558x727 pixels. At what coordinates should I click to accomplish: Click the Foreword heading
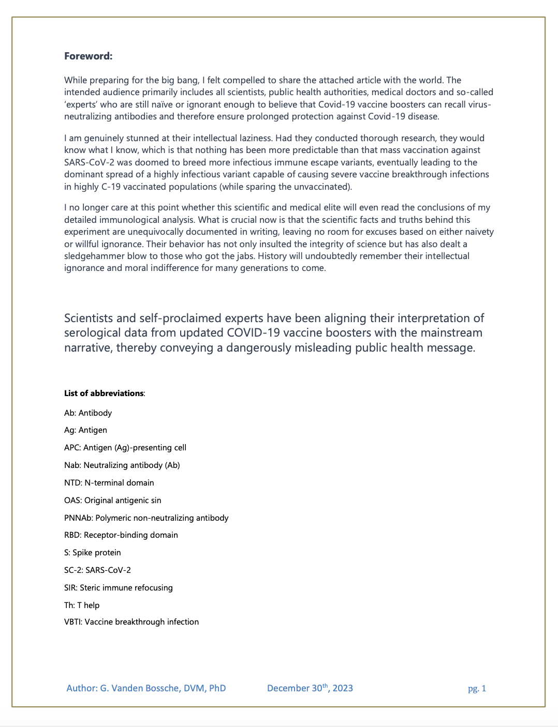click(88, 56)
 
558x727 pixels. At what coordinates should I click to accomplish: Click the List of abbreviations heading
click(104, 393)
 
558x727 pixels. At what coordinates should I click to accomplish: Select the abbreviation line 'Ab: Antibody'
click(88, 413)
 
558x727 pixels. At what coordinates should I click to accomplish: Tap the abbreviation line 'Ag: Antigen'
click(85, 430)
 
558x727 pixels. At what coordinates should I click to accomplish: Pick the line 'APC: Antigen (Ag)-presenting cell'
click(125, 448)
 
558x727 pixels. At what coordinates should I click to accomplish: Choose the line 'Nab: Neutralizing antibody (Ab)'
click(122, 465)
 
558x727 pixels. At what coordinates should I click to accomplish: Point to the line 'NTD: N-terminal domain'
click(109, 483)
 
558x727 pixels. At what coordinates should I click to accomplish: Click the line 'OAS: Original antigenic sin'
click(113, 501)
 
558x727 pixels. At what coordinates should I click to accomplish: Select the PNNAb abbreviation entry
click(146, 518)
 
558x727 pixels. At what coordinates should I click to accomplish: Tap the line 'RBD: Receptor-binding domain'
click(121, 535)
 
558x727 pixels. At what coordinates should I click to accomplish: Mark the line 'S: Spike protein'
click(93, 553)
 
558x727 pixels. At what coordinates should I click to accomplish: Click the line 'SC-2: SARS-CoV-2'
click(97, 570)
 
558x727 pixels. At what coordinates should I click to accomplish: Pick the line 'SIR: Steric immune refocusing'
click(119, 588)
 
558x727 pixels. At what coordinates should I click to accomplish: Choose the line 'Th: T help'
click(82, 605)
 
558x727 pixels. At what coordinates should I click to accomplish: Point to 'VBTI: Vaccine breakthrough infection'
click(131, 622)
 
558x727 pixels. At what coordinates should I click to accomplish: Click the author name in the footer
click(146, 688)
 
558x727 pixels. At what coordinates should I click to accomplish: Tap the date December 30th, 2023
click(310, 688)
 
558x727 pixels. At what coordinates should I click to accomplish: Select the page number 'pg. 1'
click(477, 689)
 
